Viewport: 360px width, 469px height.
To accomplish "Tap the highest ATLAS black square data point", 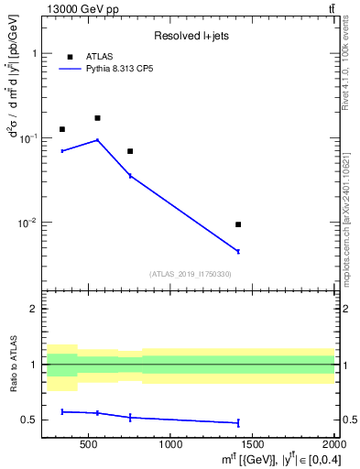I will pyautogui.click(x=97, y=118).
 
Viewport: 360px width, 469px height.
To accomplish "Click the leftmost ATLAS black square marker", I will pyautogui.click(x=62, y=129).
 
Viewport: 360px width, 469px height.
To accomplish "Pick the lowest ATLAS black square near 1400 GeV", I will pyautogui.click(x=238, y=224).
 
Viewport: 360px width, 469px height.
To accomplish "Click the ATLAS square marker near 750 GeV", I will pyautogui.click(x=130, y=151).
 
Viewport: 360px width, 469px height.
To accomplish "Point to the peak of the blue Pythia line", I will pyautogui.click(x=97, y=140).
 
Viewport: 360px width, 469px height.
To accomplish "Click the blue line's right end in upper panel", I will pyautogui.click(x=238, y=251).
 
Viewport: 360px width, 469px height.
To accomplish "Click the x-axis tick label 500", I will pyautogui.click(x=89, y=445).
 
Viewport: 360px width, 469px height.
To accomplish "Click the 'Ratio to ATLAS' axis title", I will pyautogui.click(x=13, y=365).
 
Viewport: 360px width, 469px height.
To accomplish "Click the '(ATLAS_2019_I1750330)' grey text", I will pyautogui.click(x=190, y=274).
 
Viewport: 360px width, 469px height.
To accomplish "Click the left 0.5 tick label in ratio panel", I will pyautogui.click(x=33, y=420).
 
